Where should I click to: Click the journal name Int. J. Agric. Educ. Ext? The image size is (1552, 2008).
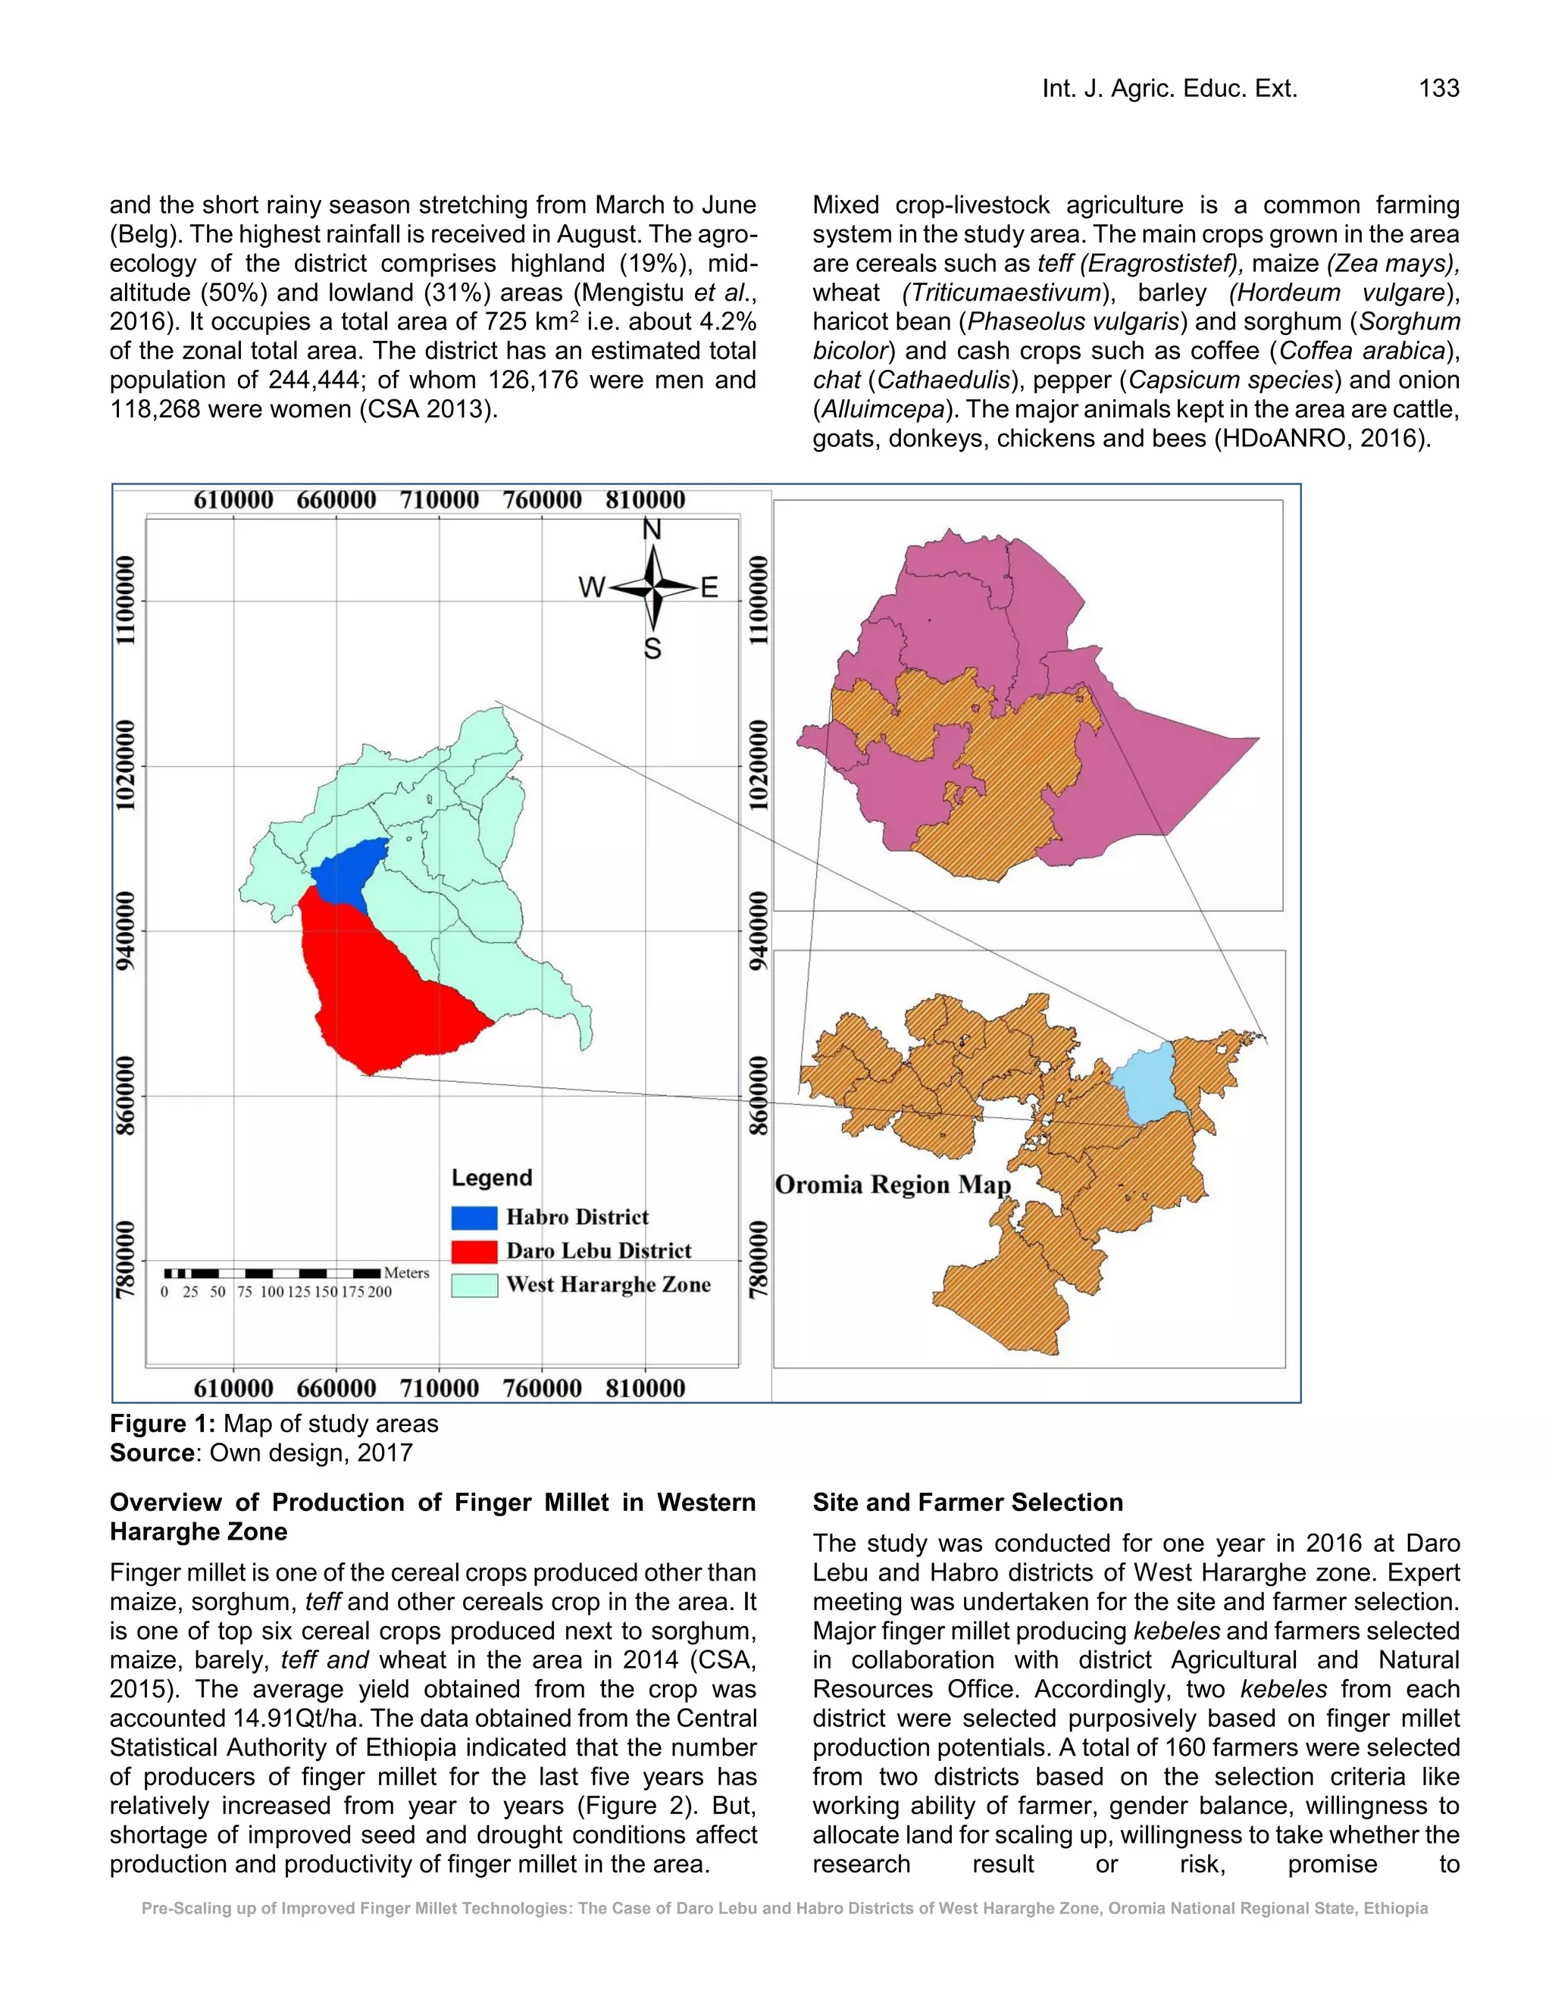1169,88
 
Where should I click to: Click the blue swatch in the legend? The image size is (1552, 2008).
474,1218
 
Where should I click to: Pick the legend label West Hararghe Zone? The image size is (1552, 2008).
609,1284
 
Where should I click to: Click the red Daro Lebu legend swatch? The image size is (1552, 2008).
474,1251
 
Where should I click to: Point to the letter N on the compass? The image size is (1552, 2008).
652,530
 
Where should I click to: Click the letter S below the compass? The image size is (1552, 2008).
652,650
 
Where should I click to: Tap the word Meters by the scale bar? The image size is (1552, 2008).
406,1272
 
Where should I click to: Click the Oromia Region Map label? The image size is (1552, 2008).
893,1184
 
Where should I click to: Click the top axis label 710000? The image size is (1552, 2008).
440,500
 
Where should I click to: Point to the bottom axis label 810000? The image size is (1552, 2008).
646,1388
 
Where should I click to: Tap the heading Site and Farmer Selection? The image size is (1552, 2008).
967,1503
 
